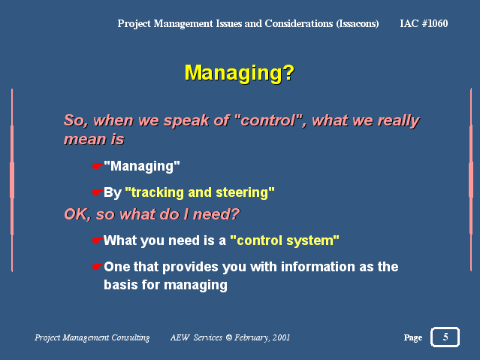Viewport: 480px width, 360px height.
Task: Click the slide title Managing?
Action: (239, 73)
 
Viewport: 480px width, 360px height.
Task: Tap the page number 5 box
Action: (445, 337)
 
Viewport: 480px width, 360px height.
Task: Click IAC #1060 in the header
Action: (424, 23)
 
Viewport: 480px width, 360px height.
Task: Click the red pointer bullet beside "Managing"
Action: (96, 166)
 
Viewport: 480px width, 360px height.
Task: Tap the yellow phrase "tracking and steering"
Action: (200, 192)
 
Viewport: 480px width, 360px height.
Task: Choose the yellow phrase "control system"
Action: (285, 241)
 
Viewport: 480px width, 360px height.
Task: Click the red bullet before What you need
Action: (96, 241)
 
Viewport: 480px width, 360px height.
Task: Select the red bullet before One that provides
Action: (96, 267)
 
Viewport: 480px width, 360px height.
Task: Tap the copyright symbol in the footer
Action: (228, 337)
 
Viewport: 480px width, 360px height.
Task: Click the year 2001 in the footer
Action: (281, 337)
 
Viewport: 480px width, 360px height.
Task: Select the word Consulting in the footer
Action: (131, 337)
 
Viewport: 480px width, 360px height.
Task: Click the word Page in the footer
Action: (413, 337)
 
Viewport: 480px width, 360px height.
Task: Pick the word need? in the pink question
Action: (216, 214)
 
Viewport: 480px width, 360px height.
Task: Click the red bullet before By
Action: (96, 192)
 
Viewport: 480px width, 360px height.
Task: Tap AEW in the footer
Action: (180, 337)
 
